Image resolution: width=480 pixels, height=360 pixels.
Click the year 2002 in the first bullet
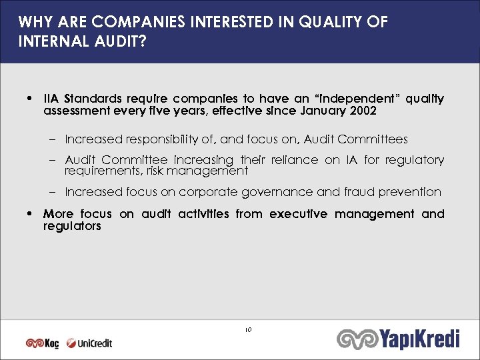[x=362, y=111]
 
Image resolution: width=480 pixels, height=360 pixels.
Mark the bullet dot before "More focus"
[x=29, y=215]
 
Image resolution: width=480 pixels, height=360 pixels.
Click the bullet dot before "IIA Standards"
[x=29, y=99]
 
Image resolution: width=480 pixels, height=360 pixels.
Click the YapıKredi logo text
[x=420, y=339]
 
